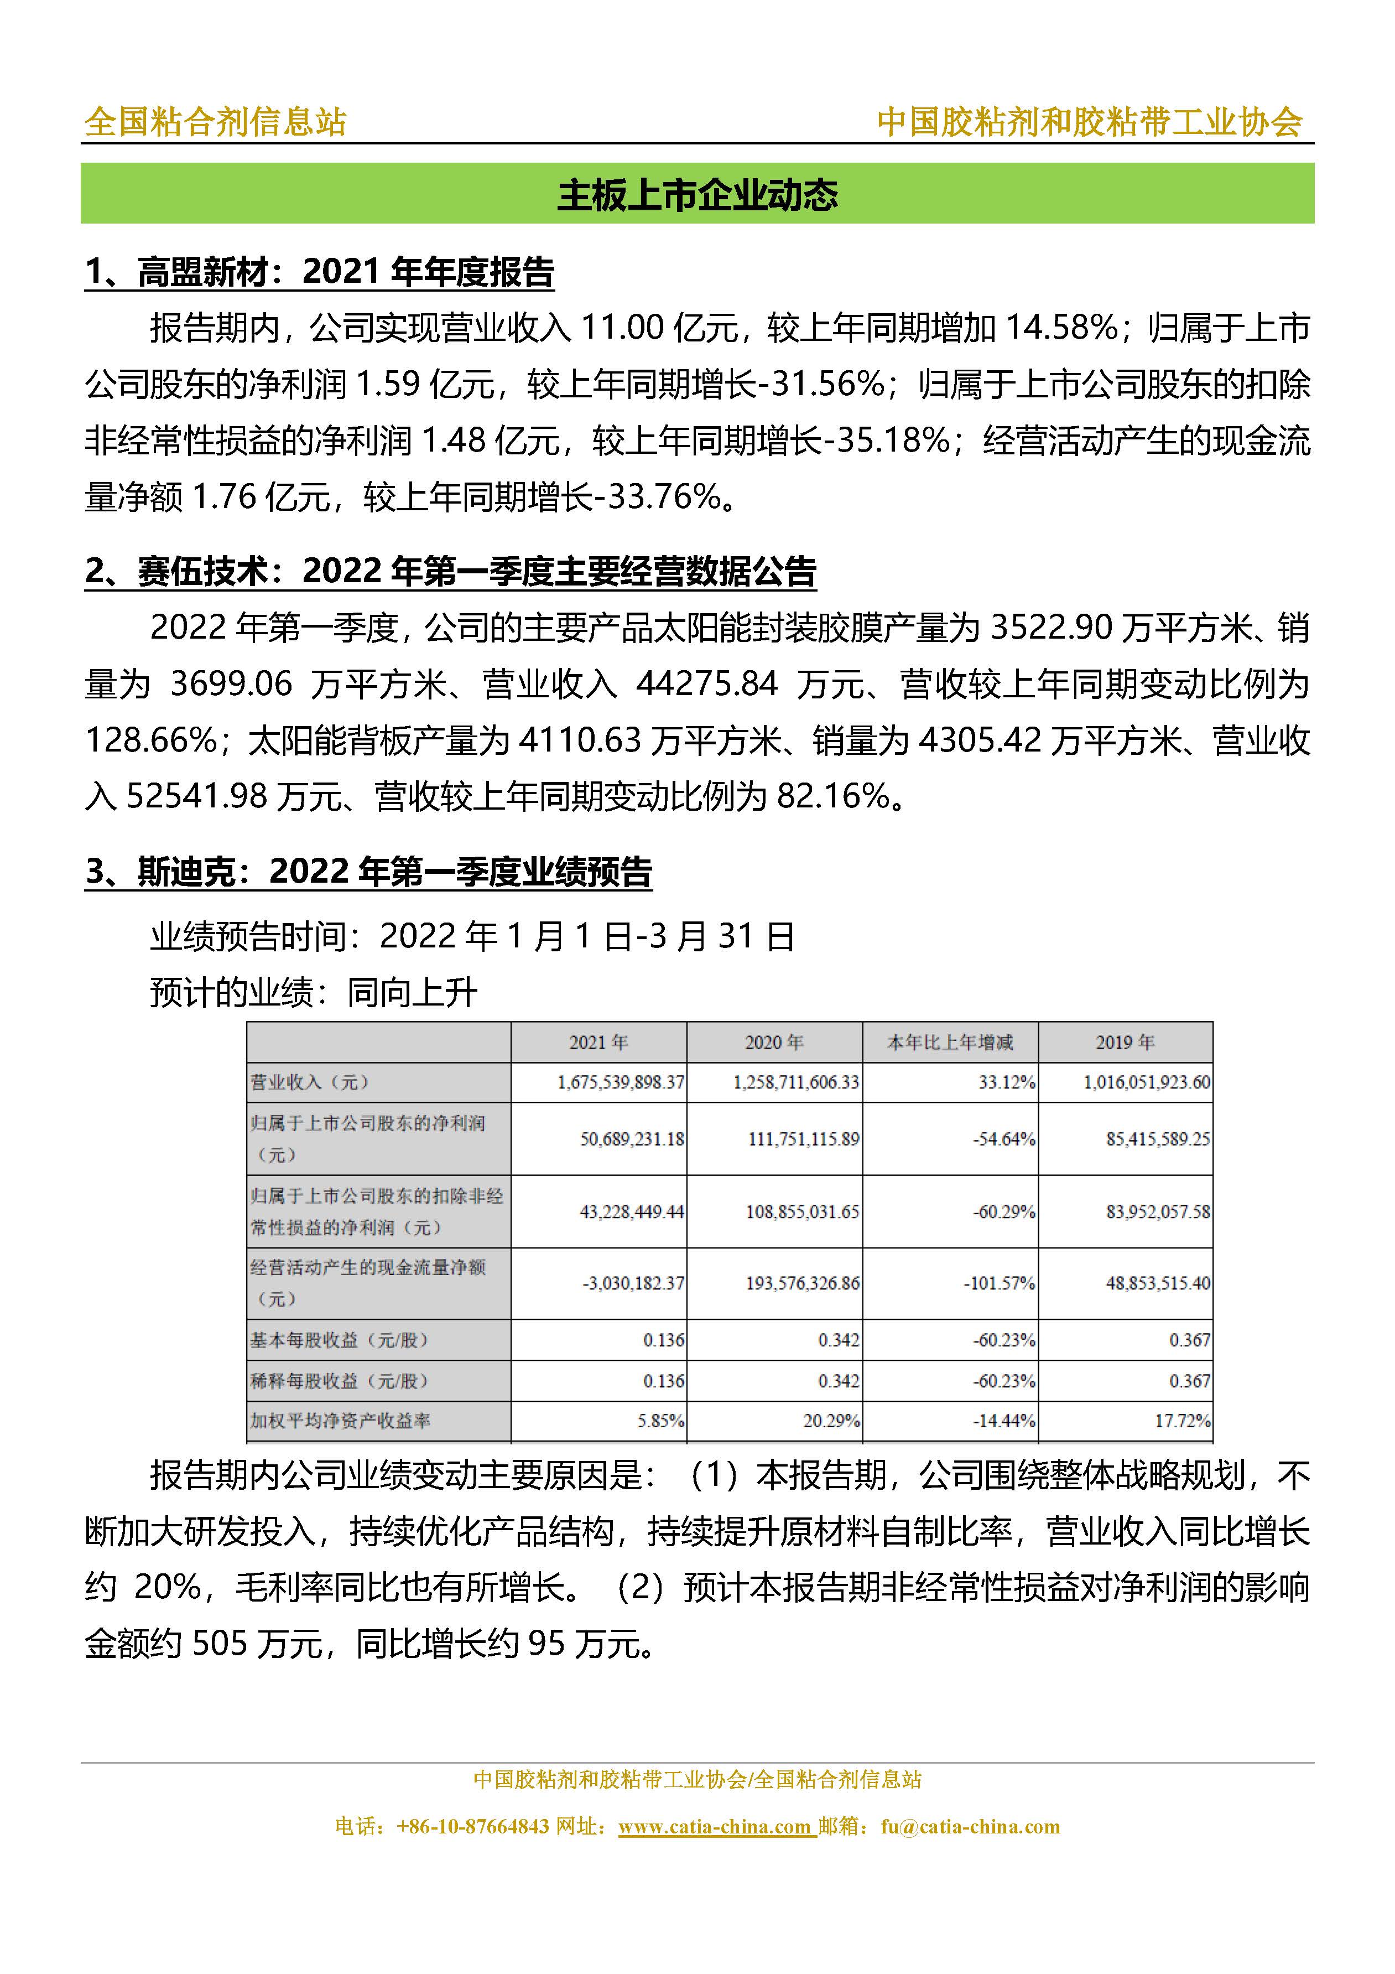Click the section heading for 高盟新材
319,272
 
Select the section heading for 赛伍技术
450,572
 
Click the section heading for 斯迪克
368,872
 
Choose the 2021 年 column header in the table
598,1043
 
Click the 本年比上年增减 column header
950,1043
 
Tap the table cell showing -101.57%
999,1283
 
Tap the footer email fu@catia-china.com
970,1826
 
